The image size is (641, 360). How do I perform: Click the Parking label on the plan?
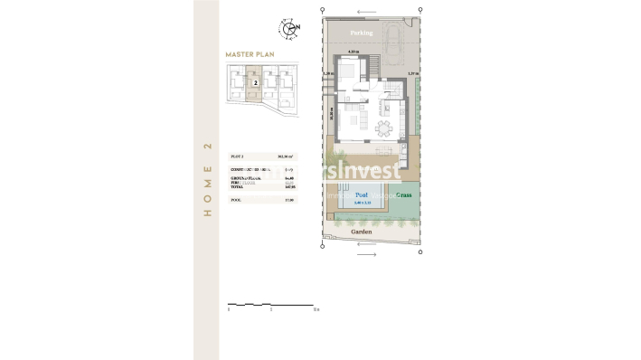tap(362, 33)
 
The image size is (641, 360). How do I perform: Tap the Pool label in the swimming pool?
tap(361, 195)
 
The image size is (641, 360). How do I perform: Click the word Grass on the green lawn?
tap(403, 194)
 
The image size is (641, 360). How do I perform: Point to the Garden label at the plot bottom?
tap(361, 232)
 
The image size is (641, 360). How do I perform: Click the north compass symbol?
tap(289, 27)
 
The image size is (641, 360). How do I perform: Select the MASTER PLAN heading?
tap(250, 55)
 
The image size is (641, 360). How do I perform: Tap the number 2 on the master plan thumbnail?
tap(257, 83)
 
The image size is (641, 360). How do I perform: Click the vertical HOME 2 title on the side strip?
tap(207, 179)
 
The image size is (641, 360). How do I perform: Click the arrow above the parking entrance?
tap(368, 14)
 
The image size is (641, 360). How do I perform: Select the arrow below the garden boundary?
tap(366, 255)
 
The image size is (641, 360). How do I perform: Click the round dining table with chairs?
tap(385, 126)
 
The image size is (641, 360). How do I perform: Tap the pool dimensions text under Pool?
tap(362, 204)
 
